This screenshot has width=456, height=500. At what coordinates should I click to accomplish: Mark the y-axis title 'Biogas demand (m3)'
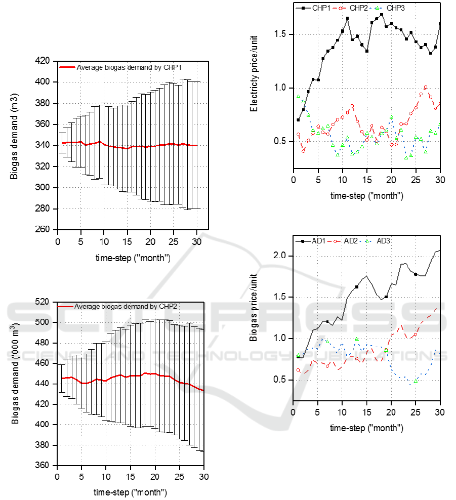pyautogui.click(x=15, y=145)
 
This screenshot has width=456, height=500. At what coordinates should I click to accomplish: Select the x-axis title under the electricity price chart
pyautogui.click(x=366, y=195)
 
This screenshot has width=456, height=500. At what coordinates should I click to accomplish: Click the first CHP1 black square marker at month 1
pyautogui.click(x=299, y=120)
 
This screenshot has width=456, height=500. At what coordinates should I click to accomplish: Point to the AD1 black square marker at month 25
pyautogui.click(x=416, y=274)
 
